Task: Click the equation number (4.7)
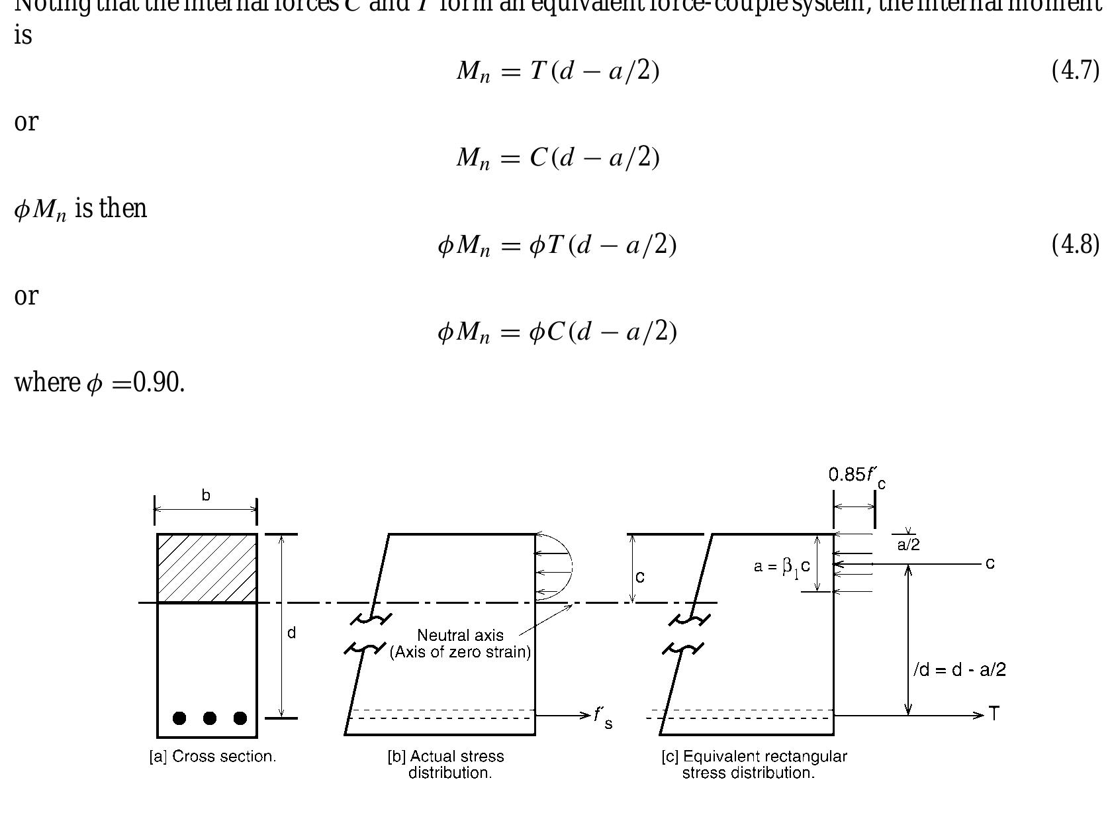1075,71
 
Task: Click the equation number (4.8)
1075,245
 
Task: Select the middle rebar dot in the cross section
210,718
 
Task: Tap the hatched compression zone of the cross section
207,568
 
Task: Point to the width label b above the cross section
206,495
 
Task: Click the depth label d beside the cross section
291,633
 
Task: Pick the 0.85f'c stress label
857,475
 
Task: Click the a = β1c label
781,567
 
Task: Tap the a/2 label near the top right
908,545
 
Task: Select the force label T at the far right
994,714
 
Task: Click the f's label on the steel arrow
602,717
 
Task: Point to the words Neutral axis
460,636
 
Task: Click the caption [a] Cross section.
212,757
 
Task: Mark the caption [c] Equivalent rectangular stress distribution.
754,765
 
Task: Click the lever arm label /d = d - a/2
959,670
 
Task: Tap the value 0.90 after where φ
158,383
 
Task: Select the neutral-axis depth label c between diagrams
639,577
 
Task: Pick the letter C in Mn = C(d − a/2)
537,158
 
